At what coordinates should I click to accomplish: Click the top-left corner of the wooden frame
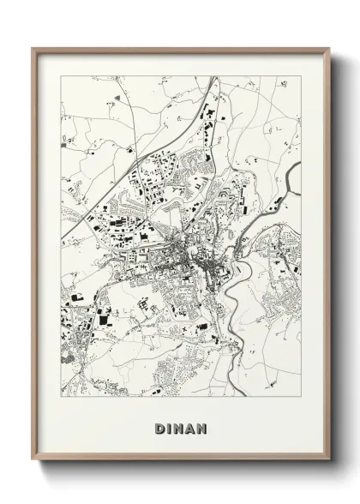pyautogui.click(x=33, y=48)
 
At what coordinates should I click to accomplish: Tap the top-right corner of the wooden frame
pyautogui.click(x=327, y=48)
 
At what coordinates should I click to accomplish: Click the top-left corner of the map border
pyautogui.click(x=60, y=76)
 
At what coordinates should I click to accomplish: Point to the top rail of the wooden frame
pyautogui.click(x=180, y=50)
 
